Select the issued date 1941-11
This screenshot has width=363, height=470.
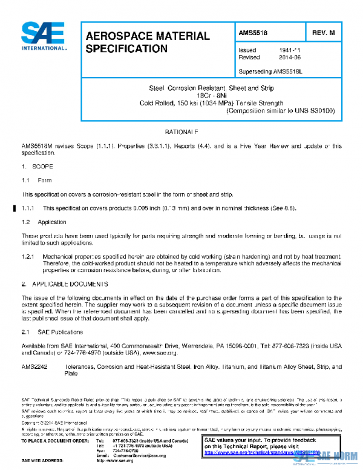281,50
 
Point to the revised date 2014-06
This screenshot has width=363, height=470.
281,58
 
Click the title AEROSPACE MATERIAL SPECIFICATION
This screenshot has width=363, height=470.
147,42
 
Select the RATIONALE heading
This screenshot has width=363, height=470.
181,131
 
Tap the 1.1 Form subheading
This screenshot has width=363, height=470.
37,180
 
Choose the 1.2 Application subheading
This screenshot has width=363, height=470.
44,222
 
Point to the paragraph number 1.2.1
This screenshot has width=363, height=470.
30,257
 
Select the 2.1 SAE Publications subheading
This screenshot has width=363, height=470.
53,332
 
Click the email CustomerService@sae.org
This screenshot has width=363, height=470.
139,455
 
